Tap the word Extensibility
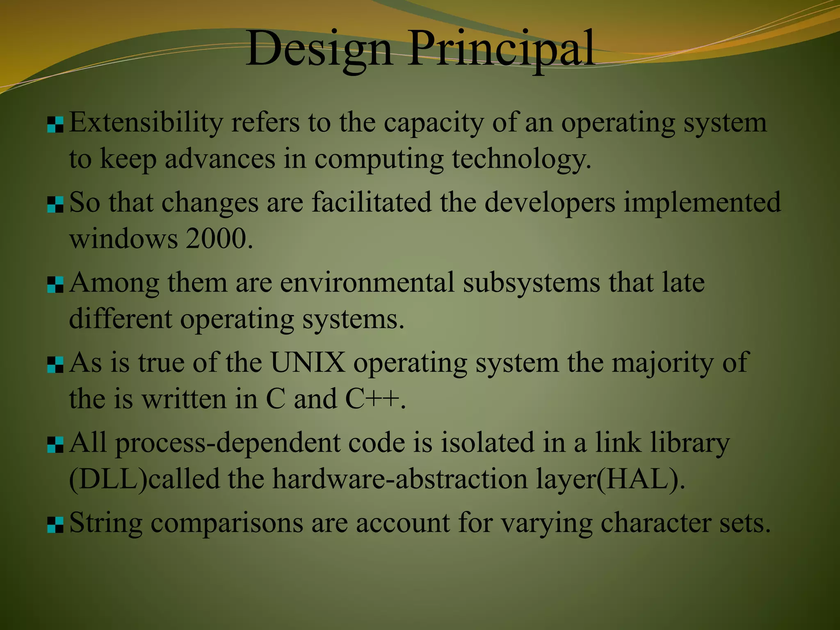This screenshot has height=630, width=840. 146,123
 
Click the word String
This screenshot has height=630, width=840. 106,523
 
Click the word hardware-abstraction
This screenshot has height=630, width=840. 400,479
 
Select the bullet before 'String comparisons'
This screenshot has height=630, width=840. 55,525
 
